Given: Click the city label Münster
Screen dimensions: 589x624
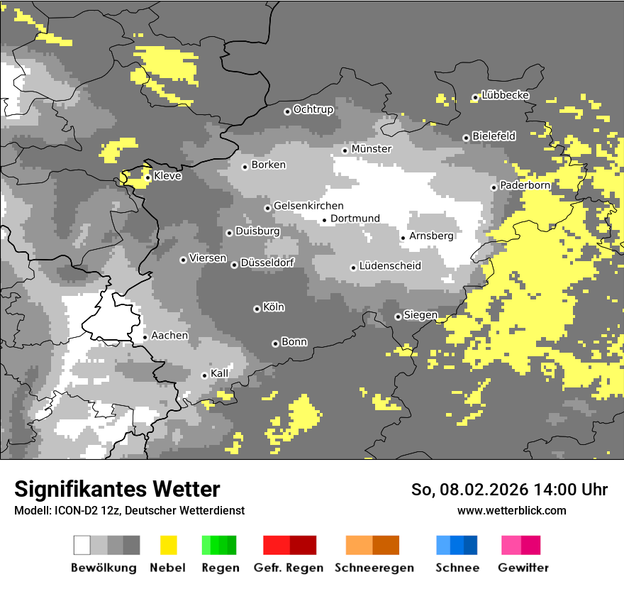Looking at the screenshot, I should click(x=372, y=149).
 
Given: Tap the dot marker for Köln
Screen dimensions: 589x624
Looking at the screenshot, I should click(x=257, y=309).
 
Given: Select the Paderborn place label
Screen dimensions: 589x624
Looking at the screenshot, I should click(x=525, y=185).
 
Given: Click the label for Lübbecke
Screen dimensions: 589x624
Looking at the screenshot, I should click(x=505, y=95).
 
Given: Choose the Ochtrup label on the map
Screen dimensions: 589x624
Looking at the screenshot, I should click(x=313, y=109).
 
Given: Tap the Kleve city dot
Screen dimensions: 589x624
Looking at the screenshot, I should click(x=147, y=177).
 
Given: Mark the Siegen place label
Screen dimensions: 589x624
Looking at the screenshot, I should click(x=420, y=315).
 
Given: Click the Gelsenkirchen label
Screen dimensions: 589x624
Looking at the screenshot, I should click(x=308, y=206).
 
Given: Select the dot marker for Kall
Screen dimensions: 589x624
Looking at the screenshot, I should click(x=204, y=375).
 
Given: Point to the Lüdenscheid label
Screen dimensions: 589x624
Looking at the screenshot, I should click(x=390, y=266).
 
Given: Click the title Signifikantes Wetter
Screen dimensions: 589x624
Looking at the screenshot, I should click(x=117, y=489).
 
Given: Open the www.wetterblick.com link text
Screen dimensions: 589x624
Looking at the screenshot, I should click(x=511, y=510).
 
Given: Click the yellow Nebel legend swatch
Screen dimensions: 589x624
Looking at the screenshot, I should click(x=168, y=545).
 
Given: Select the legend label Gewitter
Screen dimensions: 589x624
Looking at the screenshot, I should click(x=523, y=568).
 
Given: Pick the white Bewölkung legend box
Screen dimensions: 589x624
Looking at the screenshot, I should click(x=82, y=545).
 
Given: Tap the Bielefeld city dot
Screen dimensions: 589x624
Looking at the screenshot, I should click(x=466, y=138).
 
